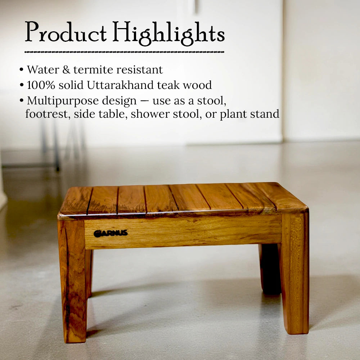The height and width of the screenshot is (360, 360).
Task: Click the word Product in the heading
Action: (x=66, y=33)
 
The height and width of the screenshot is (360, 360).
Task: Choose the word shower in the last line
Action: (x=148, y=114)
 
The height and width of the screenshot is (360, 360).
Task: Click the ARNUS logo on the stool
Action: (x=111, y=233)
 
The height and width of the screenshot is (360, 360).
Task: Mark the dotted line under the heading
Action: (x=124, y=52)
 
